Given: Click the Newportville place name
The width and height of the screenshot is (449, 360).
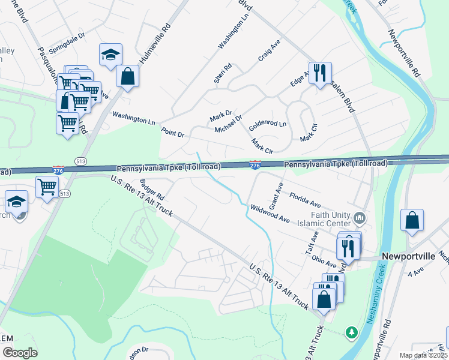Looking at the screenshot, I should tap(409, 256).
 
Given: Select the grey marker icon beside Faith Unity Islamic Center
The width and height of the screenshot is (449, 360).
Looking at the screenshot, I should tap(360, 217).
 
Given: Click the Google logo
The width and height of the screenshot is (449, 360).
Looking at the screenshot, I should tap(20, 353).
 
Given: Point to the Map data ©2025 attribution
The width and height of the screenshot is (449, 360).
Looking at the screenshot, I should tap(423, 355).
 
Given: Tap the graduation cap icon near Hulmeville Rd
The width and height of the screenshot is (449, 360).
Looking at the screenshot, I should tap(110, 55).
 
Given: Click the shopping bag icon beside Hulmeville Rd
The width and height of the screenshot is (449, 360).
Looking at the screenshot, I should tap(127, 76).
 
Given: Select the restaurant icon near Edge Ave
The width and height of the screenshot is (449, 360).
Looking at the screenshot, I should tap(319, 73).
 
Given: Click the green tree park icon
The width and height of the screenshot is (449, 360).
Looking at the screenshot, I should tap(350, 331).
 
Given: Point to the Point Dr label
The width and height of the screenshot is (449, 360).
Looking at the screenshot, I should tap(173, 132).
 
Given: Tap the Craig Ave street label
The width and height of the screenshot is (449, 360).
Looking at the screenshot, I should tap(269, 51).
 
